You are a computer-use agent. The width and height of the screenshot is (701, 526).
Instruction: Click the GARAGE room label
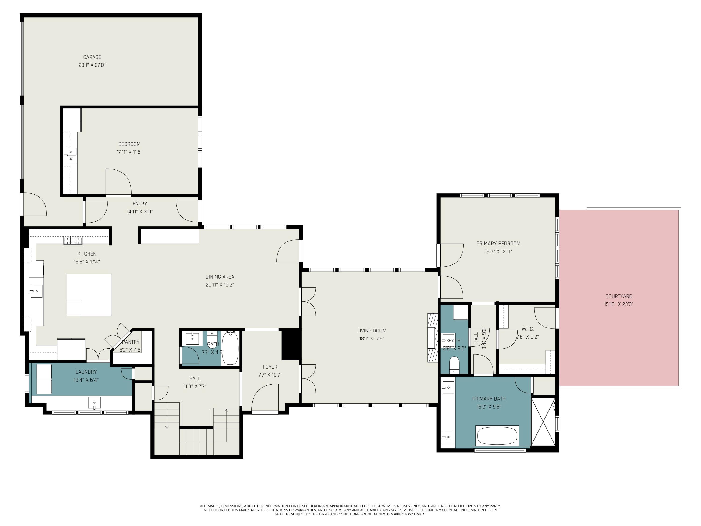coord(92,57)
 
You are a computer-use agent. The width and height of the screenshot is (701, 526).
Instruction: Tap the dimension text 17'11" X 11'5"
coord(129,152)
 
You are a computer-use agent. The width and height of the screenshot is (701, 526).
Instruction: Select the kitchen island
coord(89,295)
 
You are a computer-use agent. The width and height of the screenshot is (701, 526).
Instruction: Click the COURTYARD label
coord(619,296)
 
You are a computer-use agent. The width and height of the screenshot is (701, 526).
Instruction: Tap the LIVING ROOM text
coord(372,330)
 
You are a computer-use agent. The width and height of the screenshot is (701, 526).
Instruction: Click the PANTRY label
coord(131,342)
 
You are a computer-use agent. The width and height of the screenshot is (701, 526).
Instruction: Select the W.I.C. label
coord(527,329)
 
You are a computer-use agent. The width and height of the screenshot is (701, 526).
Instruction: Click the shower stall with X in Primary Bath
coord(543,421)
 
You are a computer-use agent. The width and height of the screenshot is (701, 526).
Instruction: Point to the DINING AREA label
coord(220,277)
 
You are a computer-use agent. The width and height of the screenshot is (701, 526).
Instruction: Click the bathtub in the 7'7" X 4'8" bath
coord(230,348)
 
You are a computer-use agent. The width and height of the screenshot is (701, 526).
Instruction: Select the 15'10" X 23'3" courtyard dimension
coord(619,304)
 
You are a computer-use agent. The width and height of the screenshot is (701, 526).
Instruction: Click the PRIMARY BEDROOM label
coord(498,244)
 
